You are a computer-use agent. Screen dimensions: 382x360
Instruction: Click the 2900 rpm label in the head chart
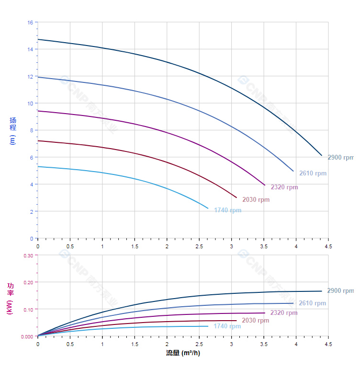coord(340,157)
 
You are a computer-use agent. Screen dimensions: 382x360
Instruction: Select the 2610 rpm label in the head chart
coord(313,174)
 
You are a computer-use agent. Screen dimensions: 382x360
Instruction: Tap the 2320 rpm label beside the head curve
coord(284,187)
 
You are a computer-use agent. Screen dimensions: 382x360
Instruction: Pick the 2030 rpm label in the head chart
coord(256,199)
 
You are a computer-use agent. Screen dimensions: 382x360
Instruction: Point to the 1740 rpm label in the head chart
coord(227,210)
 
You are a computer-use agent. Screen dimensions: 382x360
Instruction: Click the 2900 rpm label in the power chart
coord(340,290)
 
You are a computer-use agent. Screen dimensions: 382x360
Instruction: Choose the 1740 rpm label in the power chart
coord(227,326)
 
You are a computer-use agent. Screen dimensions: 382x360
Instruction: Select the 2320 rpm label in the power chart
coord(283,313)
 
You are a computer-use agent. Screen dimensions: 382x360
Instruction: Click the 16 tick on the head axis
coord(30,23)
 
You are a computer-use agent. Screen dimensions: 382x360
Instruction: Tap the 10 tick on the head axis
coord(30,104)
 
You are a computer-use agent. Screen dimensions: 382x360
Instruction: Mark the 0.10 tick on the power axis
coord(28,309)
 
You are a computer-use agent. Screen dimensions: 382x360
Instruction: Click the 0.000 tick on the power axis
coord(27,336)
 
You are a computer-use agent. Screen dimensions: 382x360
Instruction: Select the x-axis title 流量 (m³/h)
coord(183,353)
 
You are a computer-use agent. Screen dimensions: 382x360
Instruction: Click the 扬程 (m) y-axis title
coord(13,130)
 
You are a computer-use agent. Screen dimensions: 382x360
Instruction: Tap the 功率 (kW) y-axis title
coord(10,298)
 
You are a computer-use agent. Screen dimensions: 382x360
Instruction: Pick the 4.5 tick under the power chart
coord(328,344)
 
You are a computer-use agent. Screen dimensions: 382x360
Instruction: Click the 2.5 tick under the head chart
coord(199,246)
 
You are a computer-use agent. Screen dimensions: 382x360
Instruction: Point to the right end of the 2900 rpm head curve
coord(322,155)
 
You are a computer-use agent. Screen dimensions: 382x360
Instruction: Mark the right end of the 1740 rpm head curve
coord(208,208)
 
